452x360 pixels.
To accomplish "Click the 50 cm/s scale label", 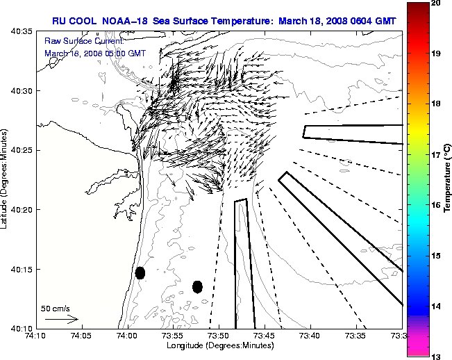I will [x=56, y=308].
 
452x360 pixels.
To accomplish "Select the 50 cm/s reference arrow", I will [x=61, y=319].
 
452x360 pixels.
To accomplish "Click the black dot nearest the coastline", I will [x=140, y=272].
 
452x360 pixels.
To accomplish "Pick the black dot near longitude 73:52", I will [x=197, y=286].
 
